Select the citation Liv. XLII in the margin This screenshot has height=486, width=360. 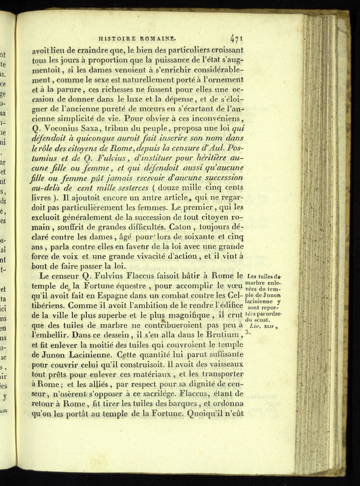coord(262,326)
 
